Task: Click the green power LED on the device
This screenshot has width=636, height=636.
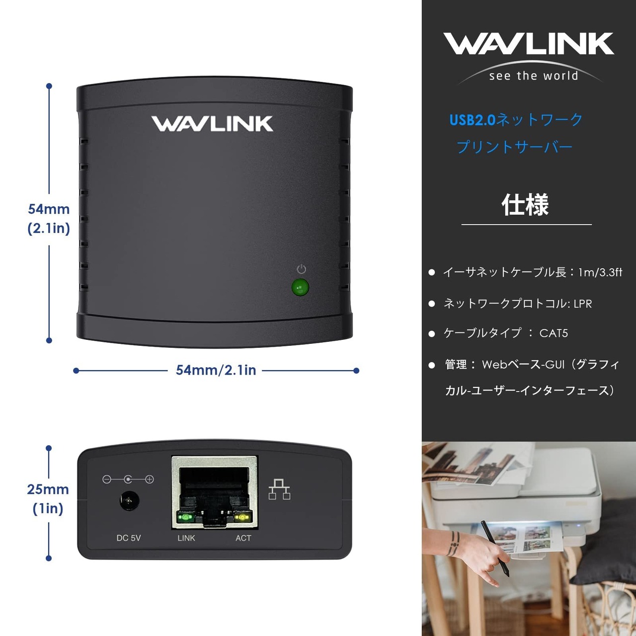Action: click(x=300, y=288)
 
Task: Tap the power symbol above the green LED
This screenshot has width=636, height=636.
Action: click(x=301, y=269)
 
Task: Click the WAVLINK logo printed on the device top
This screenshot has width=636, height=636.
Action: click(x=212, y=124)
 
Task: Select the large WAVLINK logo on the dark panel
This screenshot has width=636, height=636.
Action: click(x=528, y=43)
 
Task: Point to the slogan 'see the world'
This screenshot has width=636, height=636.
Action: click(x=534, y=76)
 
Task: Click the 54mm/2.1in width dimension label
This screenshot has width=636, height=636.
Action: click(x=216, y=370)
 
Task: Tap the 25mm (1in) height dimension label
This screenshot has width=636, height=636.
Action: click(x=48, y=499)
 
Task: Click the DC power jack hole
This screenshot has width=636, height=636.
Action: click(x=129, y=501)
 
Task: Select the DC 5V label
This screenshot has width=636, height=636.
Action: click(x=129, y=538)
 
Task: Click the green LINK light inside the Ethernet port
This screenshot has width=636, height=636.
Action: click(x=185, y=517)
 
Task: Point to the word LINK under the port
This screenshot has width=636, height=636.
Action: click(x=186, y=538)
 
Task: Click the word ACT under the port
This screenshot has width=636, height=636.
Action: click(x=243, y=538)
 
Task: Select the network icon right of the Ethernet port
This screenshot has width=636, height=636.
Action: click(x=279, y=489)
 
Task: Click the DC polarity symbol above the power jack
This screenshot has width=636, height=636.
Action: click(x=128, y=479)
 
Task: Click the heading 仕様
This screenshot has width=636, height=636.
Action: click(x=525, y=205)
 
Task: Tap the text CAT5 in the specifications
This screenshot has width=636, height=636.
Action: click(x=554, y=333)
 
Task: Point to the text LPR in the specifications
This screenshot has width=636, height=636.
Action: click(x=582, y=304)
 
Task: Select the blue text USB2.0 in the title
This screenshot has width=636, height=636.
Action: click(x=473, y=120)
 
